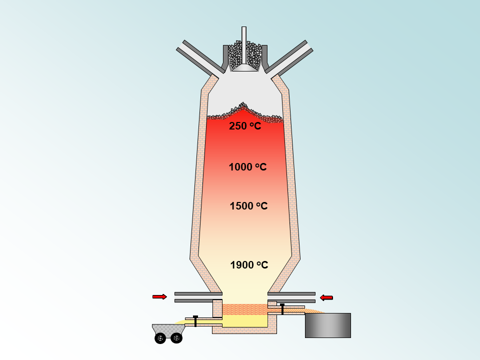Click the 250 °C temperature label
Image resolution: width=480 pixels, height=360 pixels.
(x=245, y=126)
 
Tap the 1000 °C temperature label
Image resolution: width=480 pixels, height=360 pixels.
(x=247, y=167)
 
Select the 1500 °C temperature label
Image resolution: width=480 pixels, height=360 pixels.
(x=248, y=205)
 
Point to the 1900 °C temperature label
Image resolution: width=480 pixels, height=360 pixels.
(x=249, y=265)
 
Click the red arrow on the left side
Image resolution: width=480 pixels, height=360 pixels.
(x=160, y=296)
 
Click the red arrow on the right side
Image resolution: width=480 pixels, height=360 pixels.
(x=326, y=297)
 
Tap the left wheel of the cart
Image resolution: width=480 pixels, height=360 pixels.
(x=160, y=338)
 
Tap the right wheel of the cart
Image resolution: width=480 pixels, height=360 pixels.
(x=176, y=338)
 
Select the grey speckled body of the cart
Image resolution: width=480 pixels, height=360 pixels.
(x=168, y=329)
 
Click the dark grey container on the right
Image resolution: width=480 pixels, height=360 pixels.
(x=328, y=325)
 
